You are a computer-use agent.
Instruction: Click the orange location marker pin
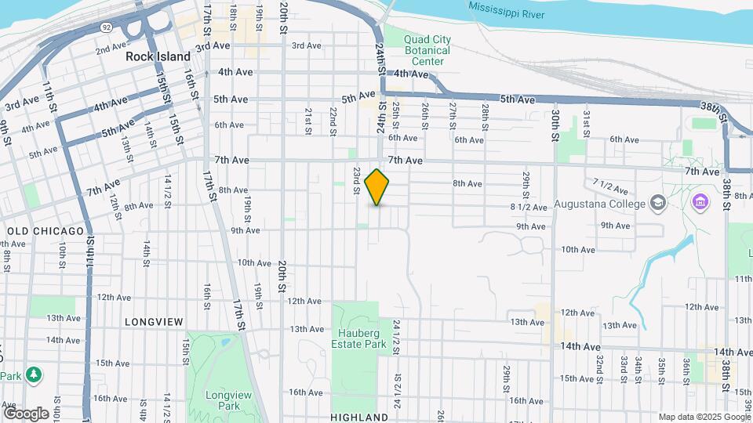377,186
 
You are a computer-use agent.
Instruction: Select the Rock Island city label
158,57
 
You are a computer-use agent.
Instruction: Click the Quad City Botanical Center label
427,50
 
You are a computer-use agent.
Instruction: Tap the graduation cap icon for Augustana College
658,204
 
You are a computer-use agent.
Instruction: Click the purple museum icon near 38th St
700,203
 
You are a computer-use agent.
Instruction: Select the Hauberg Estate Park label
360,338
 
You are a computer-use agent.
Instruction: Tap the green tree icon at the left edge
33,374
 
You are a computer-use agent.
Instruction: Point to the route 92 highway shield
105,27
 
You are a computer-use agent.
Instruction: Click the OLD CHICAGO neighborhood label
45,231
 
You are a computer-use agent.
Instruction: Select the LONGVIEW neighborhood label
153,322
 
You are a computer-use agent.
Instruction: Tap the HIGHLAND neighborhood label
359,418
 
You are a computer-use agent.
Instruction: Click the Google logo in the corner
26,413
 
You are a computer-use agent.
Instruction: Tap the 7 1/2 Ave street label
611,186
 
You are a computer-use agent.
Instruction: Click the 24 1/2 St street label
397,333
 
